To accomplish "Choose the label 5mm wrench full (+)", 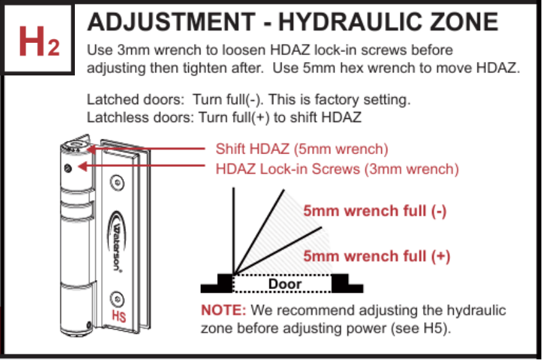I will (x=377, y=257).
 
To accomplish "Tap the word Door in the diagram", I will (x=285, y=284).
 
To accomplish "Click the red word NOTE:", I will (x=223, y=311).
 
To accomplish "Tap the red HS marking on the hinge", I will (x=118, y=315).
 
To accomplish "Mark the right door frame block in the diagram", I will (x=343, y=281).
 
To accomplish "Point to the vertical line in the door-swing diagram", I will (x=234, y=230).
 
